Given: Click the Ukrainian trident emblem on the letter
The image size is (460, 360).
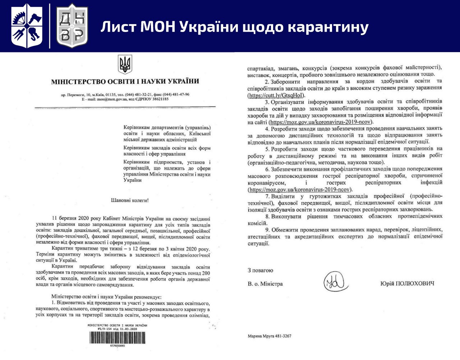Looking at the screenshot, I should pyautogui.click(x=125, y=64).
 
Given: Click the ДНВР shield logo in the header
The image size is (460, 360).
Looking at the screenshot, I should pyautogui.click(x=72, y=26).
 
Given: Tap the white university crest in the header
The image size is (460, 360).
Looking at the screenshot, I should pyautogui.click(x=27, y=26).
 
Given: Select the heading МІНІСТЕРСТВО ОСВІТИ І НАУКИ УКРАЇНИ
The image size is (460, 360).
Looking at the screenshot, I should pyautogui.click(x=125, y=82).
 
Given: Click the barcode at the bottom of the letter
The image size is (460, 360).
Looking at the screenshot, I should pyautogui.click(x=118, y=338).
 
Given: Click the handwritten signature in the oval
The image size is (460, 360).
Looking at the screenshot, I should pyautogui.click(x=335, y=281).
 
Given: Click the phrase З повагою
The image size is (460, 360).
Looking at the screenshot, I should pyautogui.click(x=260, y=270).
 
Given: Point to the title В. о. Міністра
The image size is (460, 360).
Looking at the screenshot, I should pyautogui.click(x=265, y=284).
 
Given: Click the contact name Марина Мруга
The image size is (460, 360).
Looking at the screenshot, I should pyautogui.click(x=260, y=336).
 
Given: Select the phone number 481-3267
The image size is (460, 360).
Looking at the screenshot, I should pyautogui.click(x=282, y=336).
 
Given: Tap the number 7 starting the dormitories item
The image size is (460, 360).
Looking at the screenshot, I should pyautogui.click(x=267, y=196).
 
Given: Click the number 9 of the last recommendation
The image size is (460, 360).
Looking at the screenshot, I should pyautogui.click(x=267, y=230).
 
